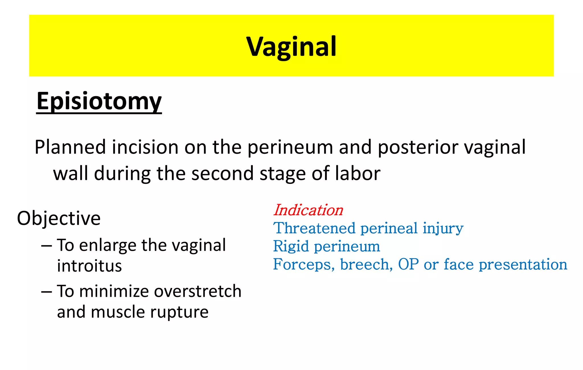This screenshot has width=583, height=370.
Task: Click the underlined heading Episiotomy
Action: [99, 101]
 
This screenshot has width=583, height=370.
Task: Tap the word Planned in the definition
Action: [70, 147]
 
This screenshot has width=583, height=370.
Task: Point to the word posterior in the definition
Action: [418, 147]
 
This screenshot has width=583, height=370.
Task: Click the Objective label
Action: [59, 218]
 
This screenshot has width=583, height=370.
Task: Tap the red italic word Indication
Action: [308, 210]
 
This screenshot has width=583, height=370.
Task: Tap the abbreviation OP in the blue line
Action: [408, 264]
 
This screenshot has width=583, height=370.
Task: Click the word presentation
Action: [523, 264]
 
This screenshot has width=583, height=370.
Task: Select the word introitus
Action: [89, 266]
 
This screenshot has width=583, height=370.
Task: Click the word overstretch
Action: [198, 291]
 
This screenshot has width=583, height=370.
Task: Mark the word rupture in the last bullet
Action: [179, 312]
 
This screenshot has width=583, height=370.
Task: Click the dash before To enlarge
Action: [46, 245]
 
